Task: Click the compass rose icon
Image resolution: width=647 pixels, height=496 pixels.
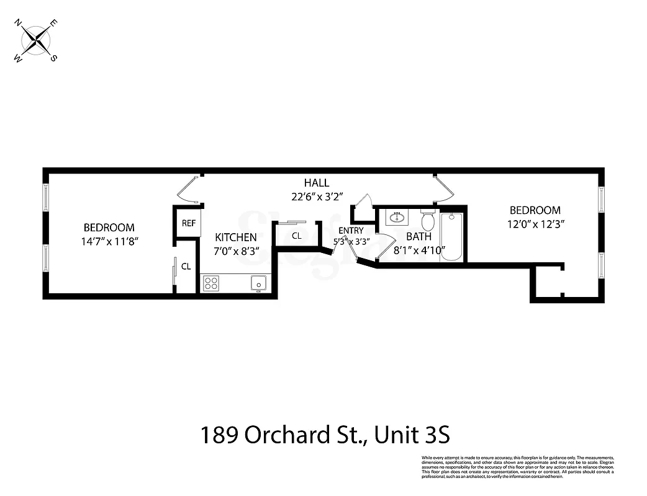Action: pyautogui.click(x=37, y=41)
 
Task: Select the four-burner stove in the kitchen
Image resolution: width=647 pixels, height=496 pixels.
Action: pyautogui.click(x=211, y=283)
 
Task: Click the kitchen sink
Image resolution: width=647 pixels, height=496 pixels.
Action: pyautogui.click(x=258, y=283)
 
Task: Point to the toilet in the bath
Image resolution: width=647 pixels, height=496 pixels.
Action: pyautogui.click(x=428, y=221)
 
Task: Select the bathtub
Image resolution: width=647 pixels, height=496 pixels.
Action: pyautogui.click(x=451, y=237)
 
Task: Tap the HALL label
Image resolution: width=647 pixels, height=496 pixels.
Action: pyautogui.click(x=316, y=183)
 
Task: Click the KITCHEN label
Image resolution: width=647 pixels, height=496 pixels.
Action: pyautogui.click(x=236, y=237)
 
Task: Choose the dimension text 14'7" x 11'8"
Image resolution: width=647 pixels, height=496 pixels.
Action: pyautogui.click(x=109, y=241)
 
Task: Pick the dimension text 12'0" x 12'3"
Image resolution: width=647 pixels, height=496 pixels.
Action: pyautogui.click(x=535, y=223)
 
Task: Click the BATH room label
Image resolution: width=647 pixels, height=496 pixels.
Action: pyautogui.click(x=419, y=237)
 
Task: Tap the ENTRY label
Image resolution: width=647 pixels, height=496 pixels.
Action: pyautogui.click(x=351, y=231)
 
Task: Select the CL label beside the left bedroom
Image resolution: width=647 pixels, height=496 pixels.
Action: pyautogui.click(x=186, y=267)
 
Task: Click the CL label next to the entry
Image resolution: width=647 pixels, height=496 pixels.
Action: pyautogui.click(x=296, y=236)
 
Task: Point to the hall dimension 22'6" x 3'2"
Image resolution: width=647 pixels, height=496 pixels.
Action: pyautogui.click(x=316, y=197)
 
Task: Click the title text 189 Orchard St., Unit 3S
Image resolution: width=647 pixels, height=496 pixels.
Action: pyautogui.click(x=323, y=435)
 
